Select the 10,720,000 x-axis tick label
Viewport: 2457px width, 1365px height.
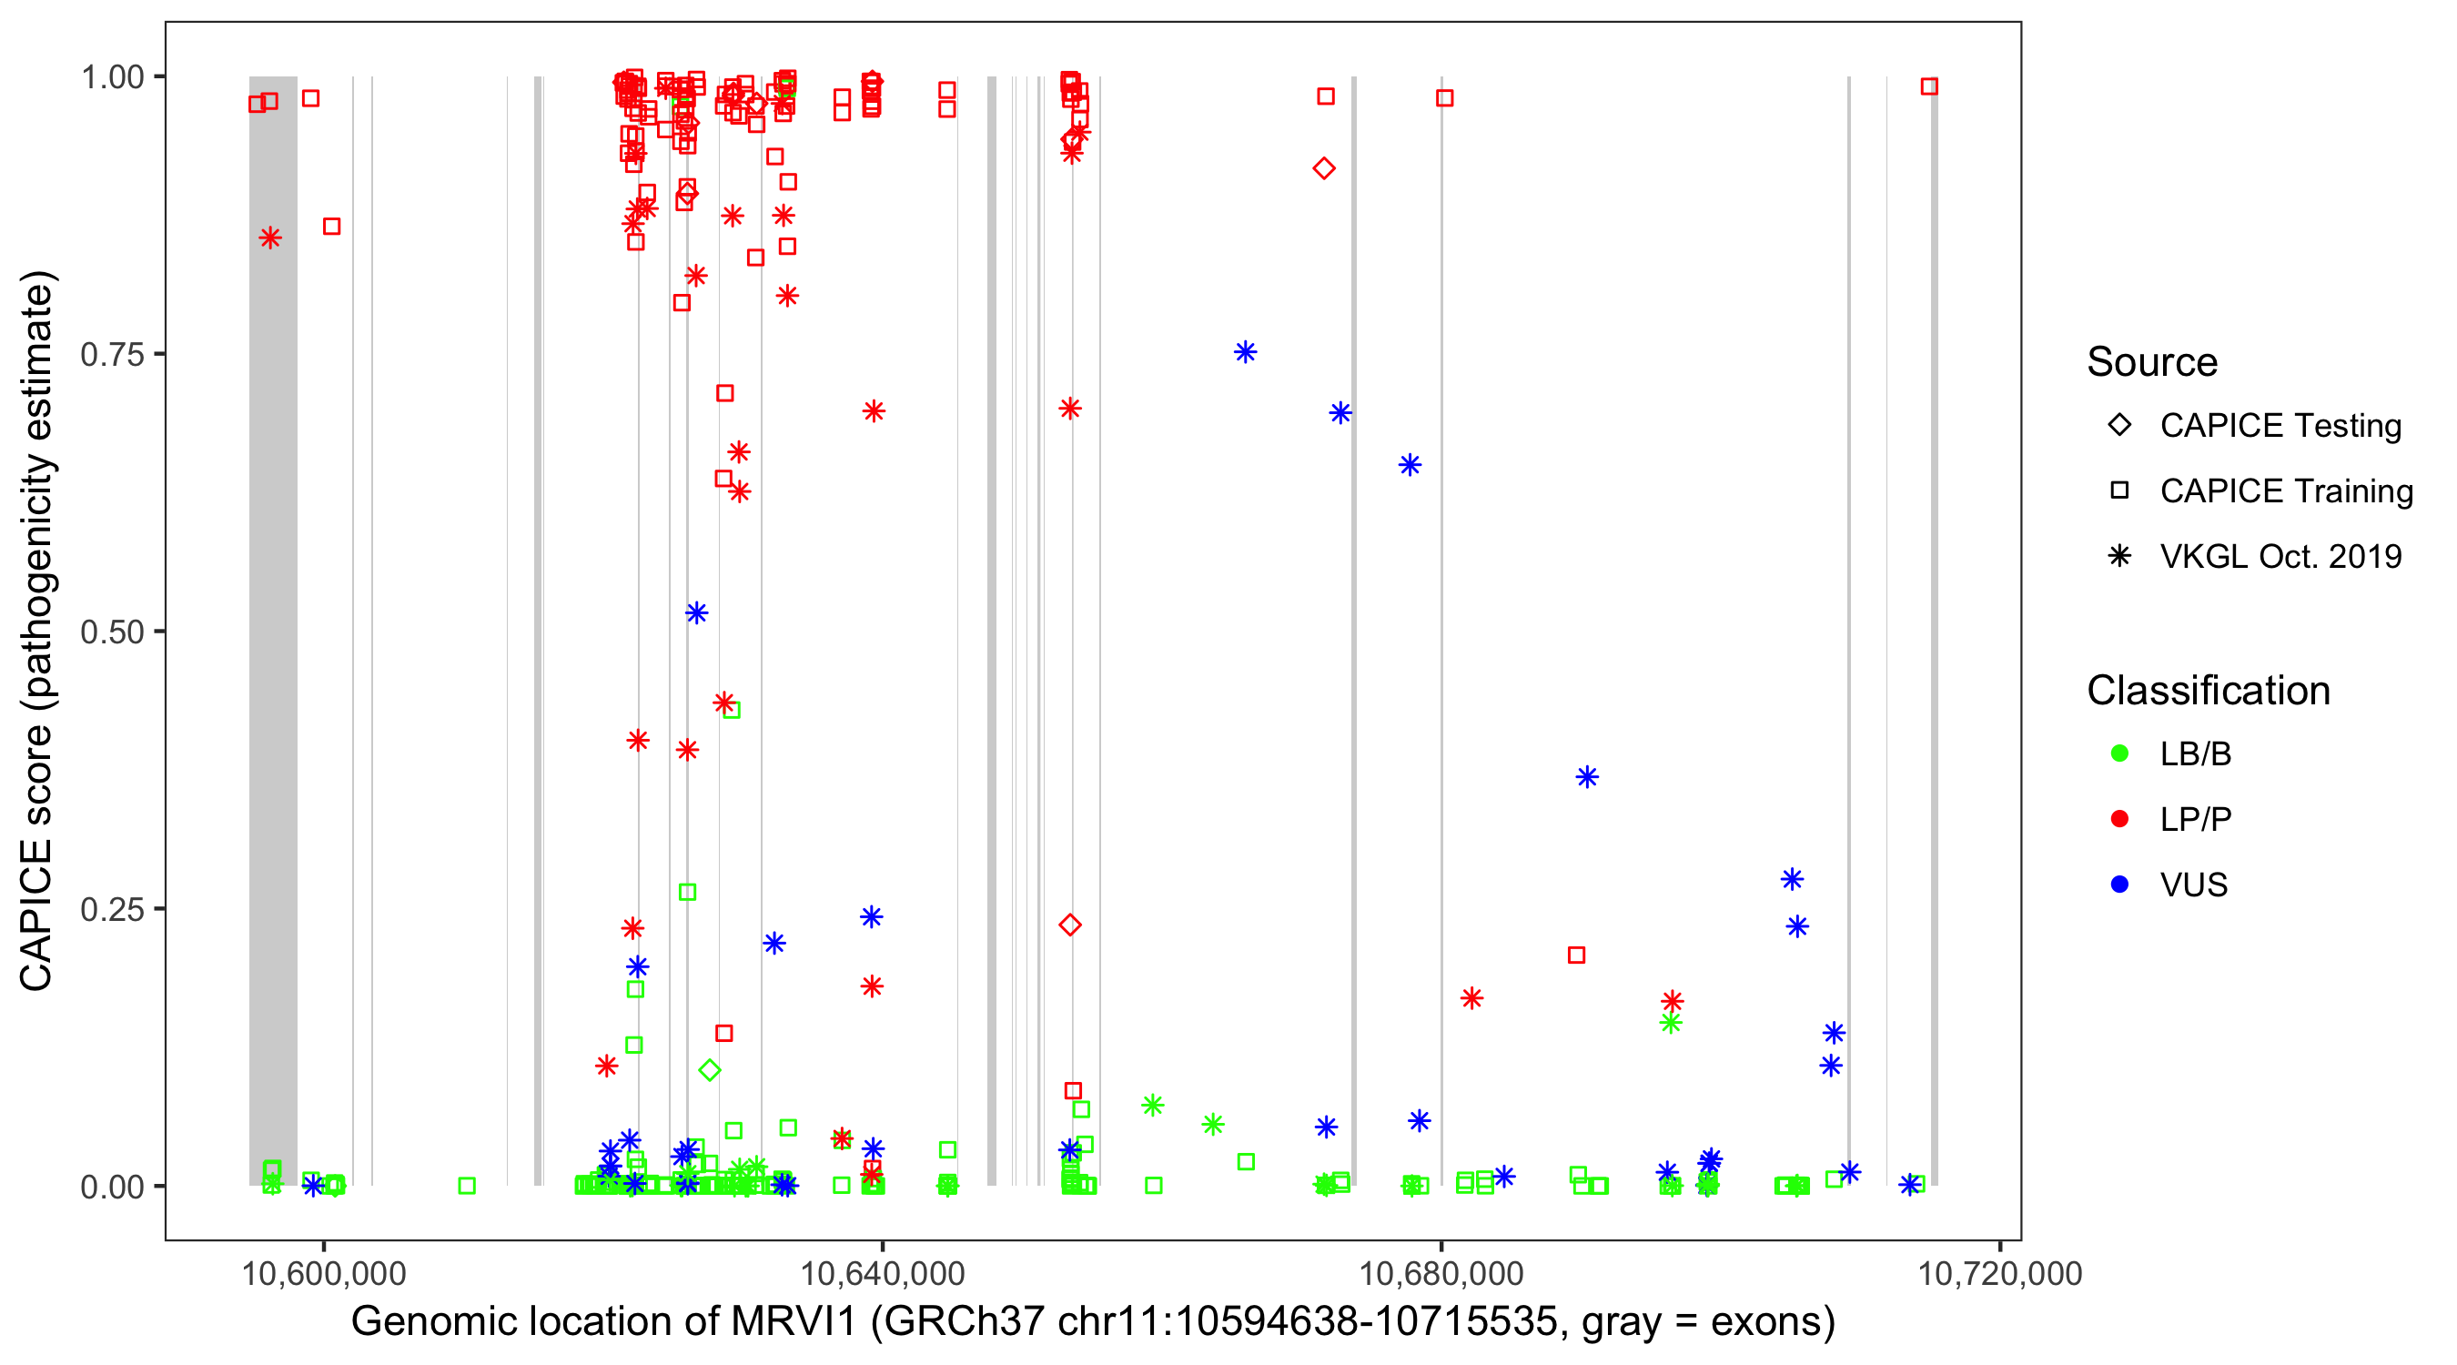pos(1999,1273)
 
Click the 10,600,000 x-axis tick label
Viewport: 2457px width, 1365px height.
pos(323,1273)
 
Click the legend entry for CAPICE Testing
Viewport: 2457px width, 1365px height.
pos(2280,426)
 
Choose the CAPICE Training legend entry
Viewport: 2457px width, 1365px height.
pos(2285,491)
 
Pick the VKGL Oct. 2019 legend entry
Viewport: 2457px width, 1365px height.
pos(2280,556)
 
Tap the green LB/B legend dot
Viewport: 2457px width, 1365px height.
pos(2119,753)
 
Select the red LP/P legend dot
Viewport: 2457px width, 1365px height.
pos(2119,819)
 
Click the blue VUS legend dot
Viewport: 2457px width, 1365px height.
pos(2119,885)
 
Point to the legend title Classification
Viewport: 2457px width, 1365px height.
pos(2208,691)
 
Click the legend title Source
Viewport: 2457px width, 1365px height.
pos(2152,362)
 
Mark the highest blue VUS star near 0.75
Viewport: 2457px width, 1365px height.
pos(1245,352)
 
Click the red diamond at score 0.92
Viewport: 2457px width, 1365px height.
pos(1324,169)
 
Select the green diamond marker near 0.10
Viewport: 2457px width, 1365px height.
pos(709,1070)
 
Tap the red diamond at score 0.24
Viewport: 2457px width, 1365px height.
pos(1070,925)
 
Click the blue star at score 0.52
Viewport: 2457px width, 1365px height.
pos(696,612)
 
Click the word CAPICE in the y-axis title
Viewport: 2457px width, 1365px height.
pos(36,915)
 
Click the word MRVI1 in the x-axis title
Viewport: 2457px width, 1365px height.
pos(794,1322)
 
